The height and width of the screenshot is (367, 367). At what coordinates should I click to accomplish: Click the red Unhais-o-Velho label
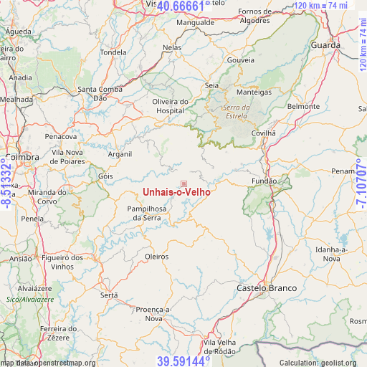point(176,192)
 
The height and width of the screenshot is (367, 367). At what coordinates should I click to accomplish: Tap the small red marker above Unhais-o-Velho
point(183,184)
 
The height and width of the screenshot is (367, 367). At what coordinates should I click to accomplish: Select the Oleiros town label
point(156,256)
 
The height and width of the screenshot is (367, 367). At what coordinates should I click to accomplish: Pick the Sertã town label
point(109,295)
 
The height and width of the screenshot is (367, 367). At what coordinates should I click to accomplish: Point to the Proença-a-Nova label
point(154,313)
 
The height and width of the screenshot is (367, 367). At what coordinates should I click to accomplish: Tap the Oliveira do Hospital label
point(169,106)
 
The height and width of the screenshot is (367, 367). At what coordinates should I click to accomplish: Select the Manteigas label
point(254,92)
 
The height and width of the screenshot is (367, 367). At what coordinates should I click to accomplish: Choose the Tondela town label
point(113,52)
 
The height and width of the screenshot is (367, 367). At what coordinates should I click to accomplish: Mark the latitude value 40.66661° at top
point(184,6)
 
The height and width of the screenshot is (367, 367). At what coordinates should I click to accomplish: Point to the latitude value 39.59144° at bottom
point(184,361)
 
